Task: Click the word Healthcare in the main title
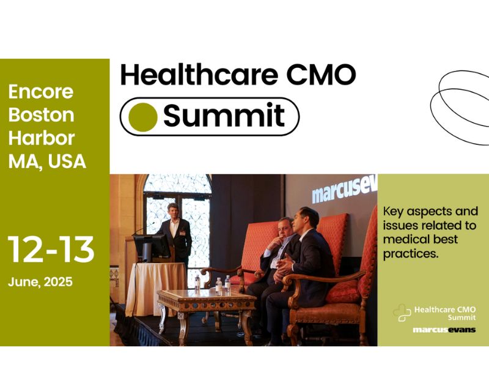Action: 199,75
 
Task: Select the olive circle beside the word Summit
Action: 143,117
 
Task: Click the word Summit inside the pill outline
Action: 224,114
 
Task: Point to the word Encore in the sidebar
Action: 41,92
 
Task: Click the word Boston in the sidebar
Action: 41,115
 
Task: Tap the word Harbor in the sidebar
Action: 42,138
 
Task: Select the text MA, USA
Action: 47,161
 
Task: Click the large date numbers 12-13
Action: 51,249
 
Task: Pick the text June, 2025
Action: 40,282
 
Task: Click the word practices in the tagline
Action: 411,254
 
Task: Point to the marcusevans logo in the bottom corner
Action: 444,330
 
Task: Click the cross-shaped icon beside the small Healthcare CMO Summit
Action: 402,313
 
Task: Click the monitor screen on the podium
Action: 152,247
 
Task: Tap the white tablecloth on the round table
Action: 156,289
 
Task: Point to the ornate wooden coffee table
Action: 206,309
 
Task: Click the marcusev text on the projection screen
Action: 344,191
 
